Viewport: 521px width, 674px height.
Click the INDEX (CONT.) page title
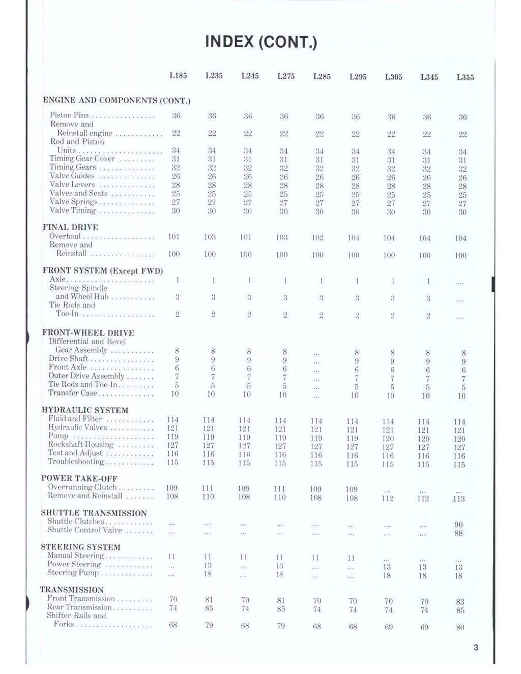tap(261, 41)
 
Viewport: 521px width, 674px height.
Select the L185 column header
tap(178, 76)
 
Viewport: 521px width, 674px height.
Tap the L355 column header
tap(465, 77)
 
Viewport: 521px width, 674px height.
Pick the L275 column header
tap(286, 76)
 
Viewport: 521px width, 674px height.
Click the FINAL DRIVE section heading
tap(70, 227)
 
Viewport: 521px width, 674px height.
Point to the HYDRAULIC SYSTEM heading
tap(85, 410)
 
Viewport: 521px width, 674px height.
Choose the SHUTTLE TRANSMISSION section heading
tap(94, 513)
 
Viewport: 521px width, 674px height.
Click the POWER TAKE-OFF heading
tap(79, 478)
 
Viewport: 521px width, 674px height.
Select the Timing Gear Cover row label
tap(82, 159)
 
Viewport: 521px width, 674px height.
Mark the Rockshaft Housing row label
tap(80, 444)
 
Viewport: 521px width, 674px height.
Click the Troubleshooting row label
tap(76, 462)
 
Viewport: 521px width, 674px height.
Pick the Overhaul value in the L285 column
tap(317, 237)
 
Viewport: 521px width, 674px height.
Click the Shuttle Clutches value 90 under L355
tap(458, 525)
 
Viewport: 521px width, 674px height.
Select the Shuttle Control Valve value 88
tap(458, 533)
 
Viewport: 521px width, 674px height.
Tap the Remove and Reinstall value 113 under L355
tap(459, 499)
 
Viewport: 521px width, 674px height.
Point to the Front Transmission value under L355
tap(460, 601)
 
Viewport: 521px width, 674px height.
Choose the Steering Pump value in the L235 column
tap(208, 574)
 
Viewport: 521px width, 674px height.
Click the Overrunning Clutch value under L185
tap(172, 487)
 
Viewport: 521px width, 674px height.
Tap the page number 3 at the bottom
tap(476, 648)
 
